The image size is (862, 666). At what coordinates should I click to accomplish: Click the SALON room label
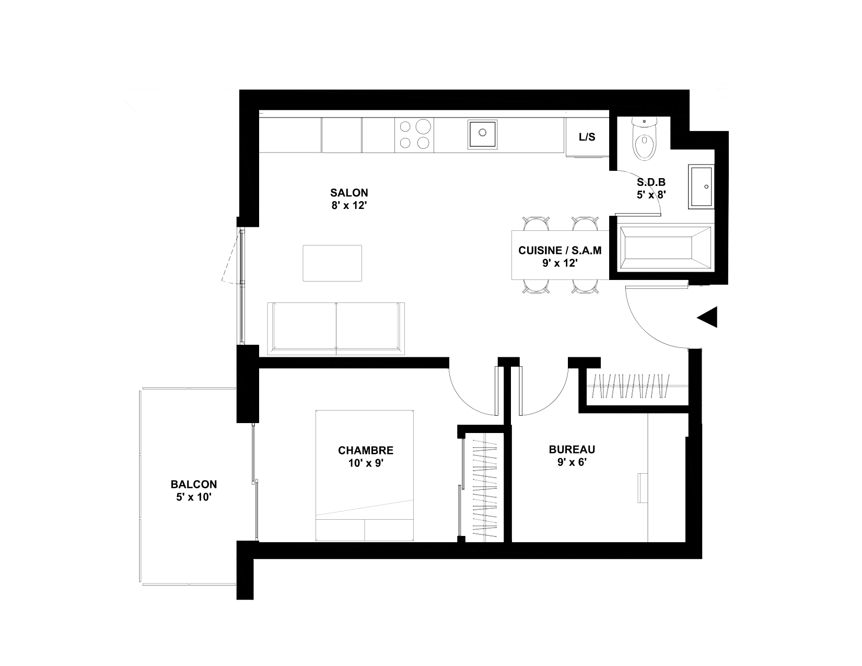click(348, 193)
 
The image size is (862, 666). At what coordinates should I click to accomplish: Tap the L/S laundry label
click(587, 137)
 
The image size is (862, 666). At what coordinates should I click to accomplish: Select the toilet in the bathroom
click(645, 139)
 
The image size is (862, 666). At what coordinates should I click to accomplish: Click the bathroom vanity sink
click(701, 186)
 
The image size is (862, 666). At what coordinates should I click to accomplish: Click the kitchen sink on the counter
click(482, 134)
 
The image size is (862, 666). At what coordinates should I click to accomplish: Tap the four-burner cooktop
click(414, 135)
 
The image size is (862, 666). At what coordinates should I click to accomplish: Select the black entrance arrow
click(707, 317)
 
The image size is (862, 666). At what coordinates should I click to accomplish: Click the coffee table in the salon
click(332, 263)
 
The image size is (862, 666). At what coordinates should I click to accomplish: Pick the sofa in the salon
click(335, 329)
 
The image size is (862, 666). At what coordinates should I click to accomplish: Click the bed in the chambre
click(365, 475)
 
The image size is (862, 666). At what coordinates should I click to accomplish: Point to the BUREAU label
click(572, 449)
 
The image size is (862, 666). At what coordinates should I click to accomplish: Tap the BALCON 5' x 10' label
click(194, 490)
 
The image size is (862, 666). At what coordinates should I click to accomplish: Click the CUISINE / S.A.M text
click(560, 250)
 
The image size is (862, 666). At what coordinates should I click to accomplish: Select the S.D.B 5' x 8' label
click(651, 189)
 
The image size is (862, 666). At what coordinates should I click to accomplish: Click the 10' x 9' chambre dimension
click(366, 463)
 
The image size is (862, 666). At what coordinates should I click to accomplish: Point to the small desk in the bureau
click(643, 488)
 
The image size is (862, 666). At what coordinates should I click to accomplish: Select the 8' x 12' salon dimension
click(348, 205)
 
